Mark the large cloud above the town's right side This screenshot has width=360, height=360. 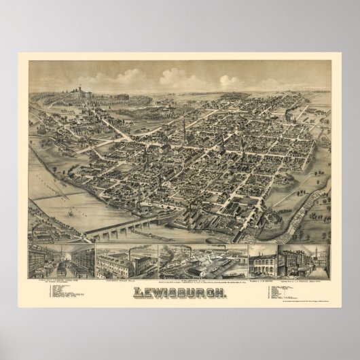coord(229,81)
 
